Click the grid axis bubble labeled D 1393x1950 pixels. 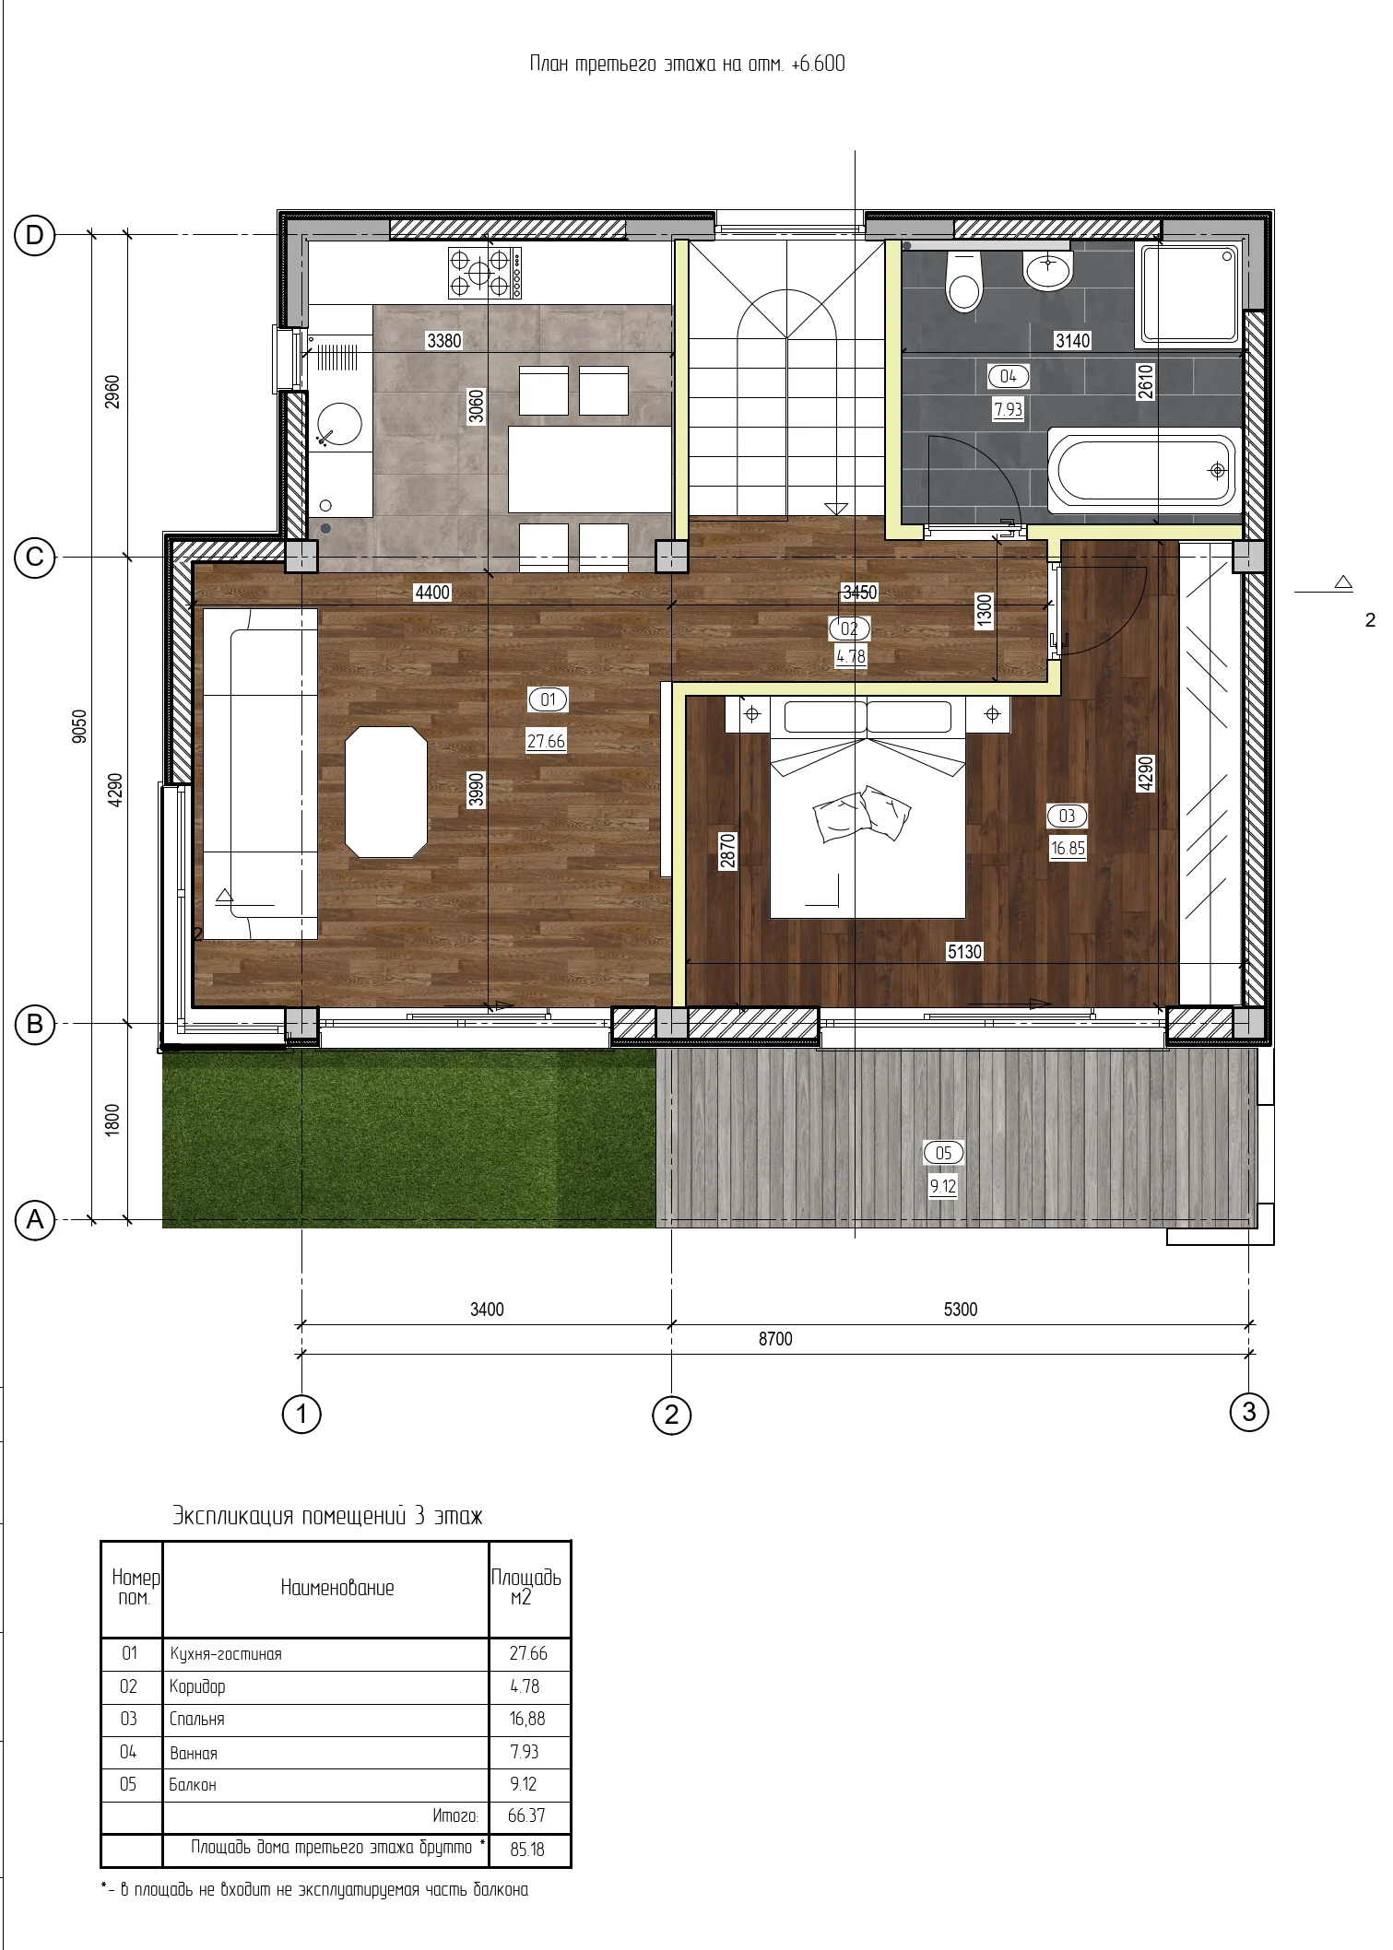pos(34,235)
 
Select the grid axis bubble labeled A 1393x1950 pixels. pos(35,1220)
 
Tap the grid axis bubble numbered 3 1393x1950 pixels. pos(1249,1411)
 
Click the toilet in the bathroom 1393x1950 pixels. pos(964,281)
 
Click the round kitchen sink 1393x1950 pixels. pos(339,424)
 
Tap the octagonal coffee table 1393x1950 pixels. pos(386,792)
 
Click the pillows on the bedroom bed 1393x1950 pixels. pos(862,813)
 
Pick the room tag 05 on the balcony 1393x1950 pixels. pos(943,1152)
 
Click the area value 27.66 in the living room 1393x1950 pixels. pos(546,741)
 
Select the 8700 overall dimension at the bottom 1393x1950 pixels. pos(775,1339)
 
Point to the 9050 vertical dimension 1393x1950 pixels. pos(79,726)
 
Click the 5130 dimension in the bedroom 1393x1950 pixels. pos(964,951)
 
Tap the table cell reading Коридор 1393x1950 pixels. pos(197,1686)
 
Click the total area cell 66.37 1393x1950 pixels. pos(526,1815)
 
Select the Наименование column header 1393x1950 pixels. pos(337,1587)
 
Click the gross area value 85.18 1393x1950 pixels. pos(527,1849)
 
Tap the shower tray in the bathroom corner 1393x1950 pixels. pos(1190,293)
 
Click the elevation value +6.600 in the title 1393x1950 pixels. pos(818,64)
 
